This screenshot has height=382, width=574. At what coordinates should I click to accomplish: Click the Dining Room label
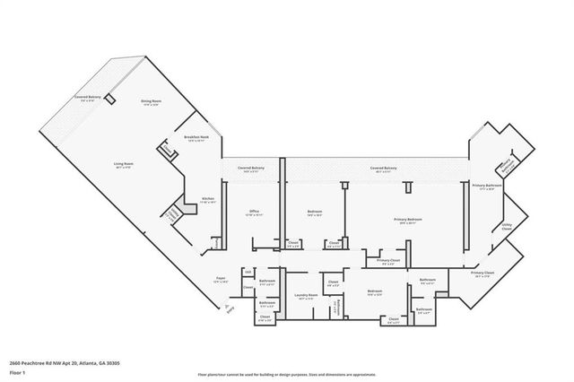tap(151, 102)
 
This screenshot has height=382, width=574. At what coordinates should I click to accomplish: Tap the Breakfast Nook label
tap(196, 137)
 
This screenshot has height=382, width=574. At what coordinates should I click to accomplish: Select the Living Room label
tap(123, 165)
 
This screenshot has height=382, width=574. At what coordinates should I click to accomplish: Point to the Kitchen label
tap(208, 199)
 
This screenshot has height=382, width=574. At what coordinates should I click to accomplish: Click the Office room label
tap(255, 213)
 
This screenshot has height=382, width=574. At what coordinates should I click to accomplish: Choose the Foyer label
tap(219, 279)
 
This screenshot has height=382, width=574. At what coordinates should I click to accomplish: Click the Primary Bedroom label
tap(408, 220)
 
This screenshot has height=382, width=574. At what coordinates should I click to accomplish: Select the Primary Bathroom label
tap(487, 186)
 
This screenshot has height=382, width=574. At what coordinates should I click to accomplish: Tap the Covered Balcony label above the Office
tap(250, 169)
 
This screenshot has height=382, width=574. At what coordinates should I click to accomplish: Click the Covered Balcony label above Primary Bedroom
tap(385, 169)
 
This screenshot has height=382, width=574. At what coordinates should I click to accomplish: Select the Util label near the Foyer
tap(247, 271)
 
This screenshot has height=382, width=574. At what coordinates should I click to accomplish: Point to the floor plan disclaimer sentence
tap(288, 373)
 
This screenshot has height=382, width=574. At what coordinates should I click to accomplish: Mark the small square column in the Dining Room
tap(110, 98)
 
